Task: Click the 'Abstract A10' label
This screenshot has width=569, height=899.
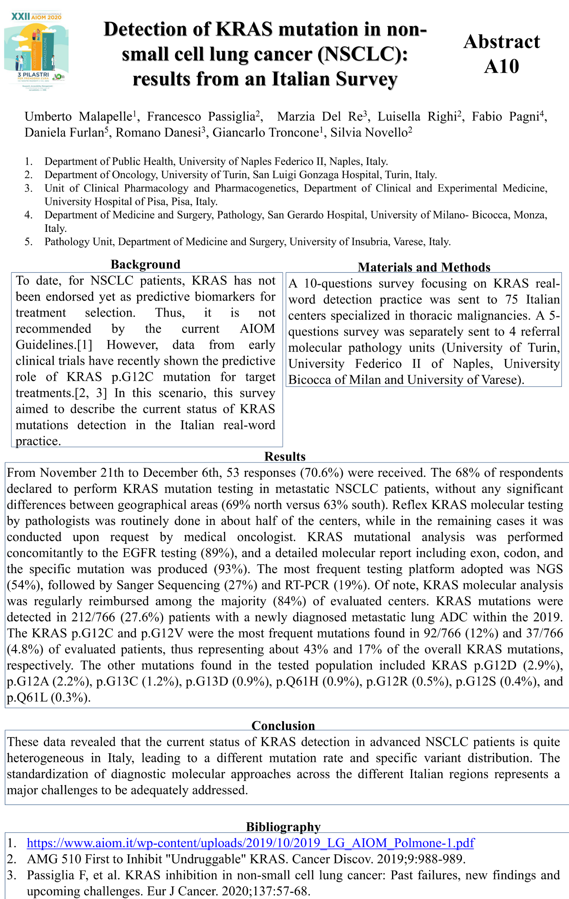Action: [501, 54]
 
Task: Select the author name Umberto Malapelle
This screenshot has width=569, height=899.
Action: [78, 117]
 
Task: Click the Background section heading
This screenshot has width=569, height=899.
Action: [145, 264]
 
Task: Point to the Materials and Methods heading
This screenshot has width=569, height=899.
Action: [424, 267]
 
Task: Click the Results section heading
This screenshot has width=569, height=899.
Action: [285, 456]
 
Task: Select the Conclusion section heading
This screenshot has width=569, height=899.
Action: [283, 725]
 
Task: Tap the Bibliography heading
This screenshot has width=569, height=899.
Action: [283, 826]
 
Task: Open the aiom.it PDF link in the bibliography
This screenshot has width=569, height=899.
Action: [251, 843]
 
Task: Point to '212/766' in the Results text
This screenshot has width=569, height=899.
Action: [93, 617]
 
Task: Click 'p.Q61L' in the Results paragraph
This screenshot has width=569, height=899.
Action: [27, 698]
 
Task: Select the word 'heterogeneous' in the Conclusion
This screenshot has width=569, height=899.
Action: [45, 758]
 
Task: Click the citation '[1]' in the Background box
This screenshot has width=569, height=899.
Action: [85, 345]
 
